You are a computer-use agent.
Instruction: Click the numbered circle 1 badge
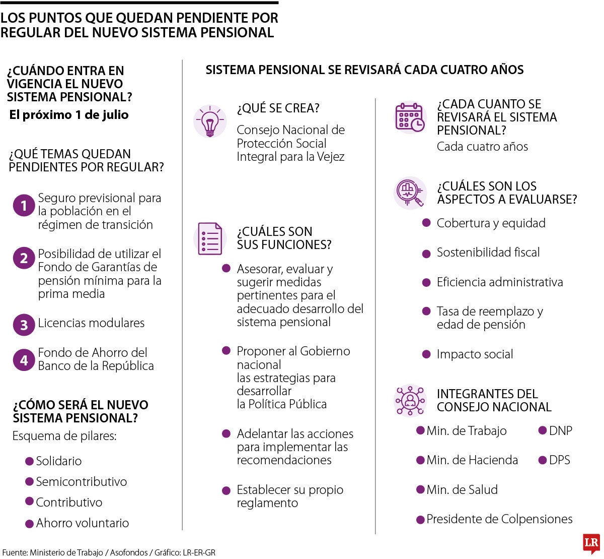coord(24,206)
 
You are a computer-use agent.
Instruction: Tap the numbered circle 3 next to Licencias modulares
coord(24,325)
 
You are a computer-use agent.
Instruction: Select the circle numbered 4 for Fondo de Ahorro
coord(24,360)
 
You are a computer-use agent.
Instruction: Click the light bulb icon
coord(209,121)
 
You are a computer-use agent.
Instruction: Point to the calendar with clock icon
coord(410,117)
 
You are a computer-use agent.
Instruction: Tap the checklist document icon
coord(210,239)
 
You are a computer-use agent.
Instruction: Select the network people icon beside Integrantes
coord(410,401)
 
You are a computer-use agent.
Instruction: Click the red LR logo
coord(591,543)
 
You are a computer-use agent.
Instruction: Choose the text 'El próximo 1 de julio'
coord(69,115)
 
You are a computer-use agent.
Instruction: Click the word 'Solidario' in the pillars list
coord(58,461)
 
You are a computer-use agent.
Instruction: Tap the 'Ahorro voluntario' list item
coord(82,523)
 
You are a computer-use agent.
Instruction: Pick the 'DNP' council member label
coord(560,430)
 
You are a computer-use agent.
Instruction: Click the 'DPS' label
coord(559,460)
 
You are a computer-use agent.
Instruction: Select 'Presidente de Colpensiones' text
coord(499,519)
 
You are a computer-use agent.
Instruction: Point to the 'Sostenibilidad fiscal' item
coord(488,252)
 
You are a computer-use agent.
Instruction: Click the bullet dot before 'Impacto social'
coord(426,354)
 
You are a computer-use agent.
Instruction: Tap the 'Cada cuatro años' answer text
coord(482,147)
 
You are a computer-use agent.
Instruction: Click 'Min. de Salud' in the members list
coord(462,489)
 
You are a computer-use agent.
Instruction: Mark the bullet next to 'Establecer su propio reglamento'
coord(226,490)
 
